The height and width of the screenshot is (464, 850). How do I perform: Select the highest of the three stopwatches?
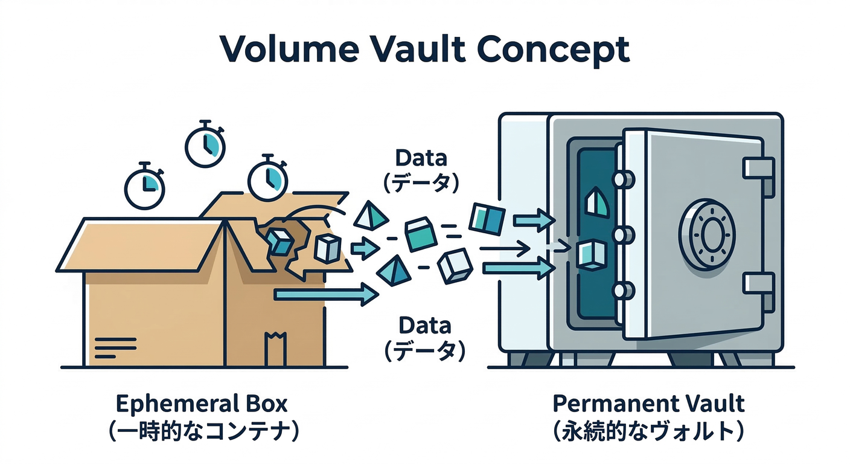(205, 144)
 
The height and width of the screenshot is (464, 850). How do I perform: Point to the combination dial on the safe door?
(707, 233)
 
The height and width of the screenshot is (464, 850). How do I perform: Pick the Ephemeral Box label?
(202, 403)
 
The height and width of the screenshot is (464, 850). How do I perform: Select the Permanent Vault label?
(649, 403)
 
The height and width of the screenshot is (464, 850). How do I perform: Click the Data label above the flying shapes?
(421, 158)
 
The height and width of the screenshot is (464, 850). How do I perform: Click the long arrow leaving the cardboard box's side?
(326, 294)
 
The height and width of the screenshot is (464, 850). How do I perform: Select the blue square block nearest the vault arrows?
(487, 219)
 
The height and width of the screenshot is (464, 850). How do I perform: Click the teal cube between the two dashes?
(421, 235)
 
